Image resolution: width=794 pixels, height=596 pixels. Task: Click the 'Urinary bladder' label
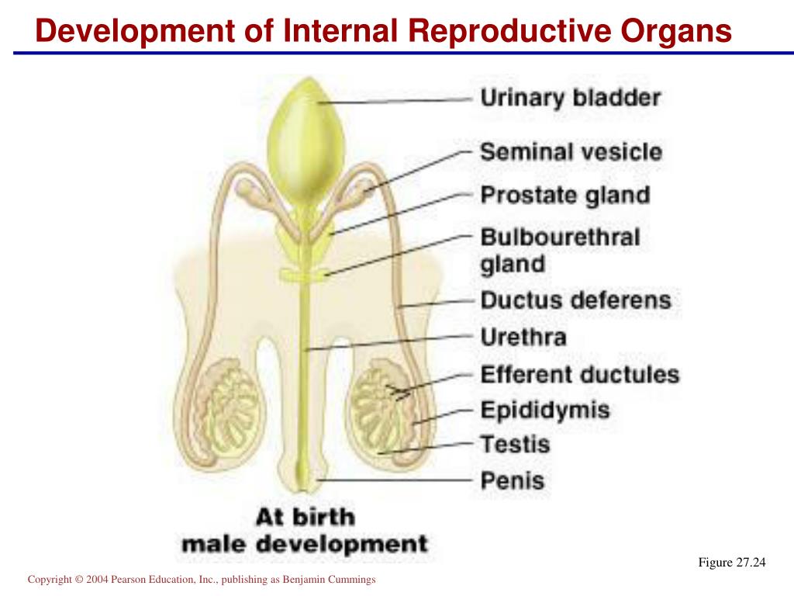click(x=571, y=99)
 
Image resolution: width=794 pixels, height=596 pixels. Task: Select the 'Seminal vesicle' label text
click(x=571, y=151)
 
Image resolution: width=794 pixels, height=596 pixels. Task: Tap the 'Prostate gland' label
click(x=564, y=194)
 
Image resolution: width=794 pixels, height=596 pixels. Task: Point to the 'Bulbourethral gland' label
click(x=560, y=250)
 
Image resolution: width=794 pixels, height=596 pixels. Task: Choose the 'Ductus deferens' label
click(x=575, y=300)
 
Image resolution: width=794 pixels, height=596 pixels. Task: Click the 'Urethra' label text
click(x=523, y=338)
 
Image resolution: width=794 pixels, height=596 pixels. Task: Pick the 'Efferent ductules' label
click(x=579, y=375)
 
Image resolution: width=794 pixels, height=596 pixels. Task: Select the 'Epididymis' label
click(x=545, y=410)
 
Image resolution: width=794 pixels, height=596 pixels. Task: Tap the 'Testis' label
click(x=515, y=445)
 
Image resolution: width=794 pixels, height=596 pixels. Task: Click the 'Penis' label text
click(x=513, y=480)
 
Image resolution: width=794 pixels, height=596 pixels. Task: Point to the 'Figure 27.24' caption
click(x=731, y=563)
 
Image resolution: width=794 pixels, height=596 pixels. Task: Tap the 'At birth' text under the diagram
click(x=305, y=517)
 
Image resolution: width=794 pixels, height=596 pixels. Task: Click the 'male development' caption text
click(x=305, y=543)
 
